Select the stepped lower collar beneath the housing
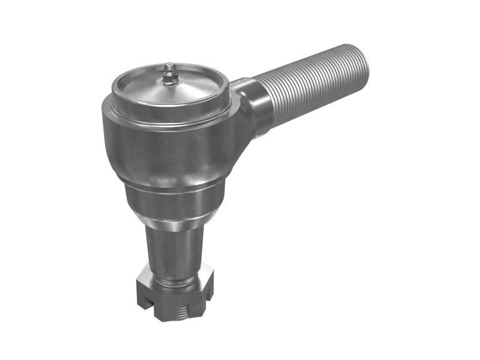point(174,198)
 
